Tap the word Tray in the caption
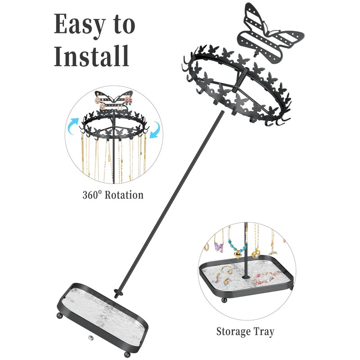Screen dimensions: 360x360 point(264,333)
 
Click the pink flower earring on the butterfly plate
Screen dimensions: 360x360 point(129,99)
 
